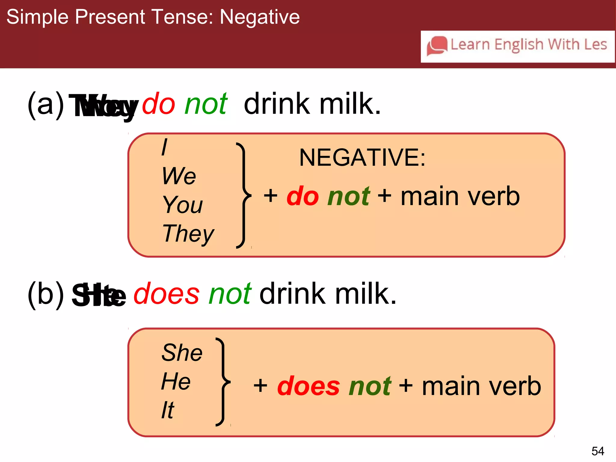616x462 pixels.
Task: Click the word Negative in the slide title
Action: click(260, 17)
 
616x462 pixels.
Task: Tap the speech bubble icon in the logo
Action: click(437, 46)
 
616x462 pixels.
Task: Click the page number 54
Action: click(598, 451)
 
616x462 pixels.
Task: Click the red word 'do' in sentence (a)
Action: click(159, 104)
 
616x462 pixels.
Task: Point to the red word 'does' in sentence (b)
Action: click(166, 294)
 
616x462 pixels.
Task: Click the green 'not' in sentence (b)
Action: click(230, 294)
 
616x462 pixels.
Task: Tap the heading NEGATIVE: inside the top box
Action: click(362, 158)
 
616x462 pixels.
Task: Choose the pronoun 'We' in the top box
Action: click(179, 176)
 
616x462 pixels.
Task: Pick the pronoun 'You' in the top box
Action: click(183, 205)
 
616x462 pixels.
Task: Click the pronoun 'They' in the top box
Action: click(188, 234)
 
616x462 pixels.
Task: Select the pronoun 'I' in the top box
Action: click(164, 147)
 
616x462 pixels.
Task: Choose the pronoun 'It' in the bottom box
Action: click(168, 410)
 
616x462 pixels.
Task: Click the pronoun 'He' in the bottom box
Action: click(176, 381)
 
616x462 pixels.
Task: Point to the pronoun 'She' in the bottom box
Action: click(182, 353)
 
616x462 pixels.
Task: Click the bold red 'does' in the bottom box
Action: click(308, 386)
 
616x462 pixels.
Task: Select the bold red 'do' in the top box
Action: click(303, 196)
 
